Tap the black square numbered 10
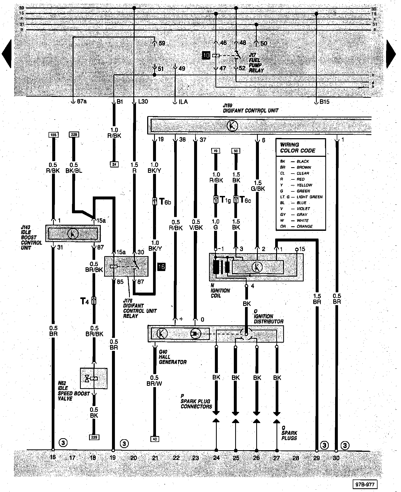206,55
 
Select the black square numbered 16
161,266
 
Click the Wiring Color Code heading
297,147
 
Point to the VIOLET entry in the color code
303,209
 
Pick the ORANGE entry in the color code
304,226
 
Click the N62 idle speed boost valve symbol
94,378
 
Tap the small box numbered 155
53,135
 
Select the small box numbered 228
74,135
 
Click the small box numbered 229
94,437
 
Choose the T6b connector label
165,202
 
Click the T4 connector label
85,301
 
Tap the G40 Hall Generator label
172,357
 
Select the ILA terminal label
183,102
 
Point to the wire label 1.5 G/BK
258,186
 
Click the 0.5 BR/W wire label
154,381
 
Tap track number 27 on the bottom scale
276,458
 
